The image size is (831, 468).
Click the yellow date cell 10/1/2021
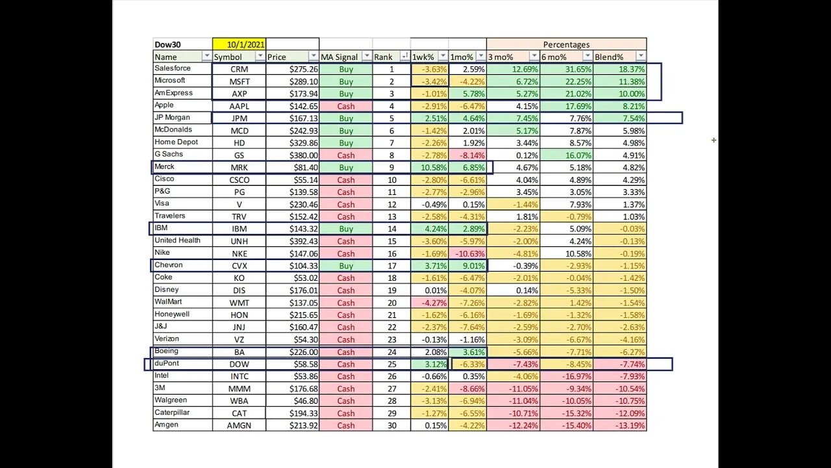click(239, 45)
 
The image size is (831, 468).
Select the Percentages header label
click(566, 45)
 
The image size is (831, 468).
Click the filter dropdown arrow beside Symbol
click(260, 57)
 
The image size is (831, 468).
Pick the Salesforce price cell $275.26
click(292, 69)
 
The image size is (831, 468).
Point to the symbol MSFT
click(239, 81)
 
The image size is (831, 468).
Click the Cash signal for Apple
click(345, 106)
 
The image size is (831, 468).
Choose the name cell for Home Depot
click(176, 142)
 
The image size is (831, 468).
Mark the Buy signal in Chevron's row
click(345, 266)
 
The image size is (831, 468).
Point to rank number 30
click(391, 426)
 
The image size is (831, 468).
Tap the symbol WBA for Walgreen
click(239, 401)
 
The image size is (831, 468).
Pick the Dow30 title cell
click(167, 45)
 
